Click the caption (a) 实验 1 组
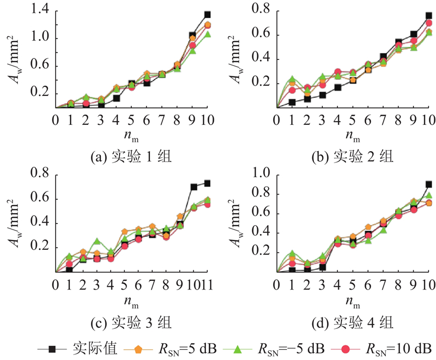131,158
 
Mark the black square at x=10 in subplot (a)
207,15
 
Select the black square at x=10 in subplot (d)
429,184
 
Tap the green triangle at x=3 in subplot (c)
97,241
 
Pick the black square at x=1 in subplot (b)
293,102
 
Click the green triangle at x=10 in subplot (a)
207,35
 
